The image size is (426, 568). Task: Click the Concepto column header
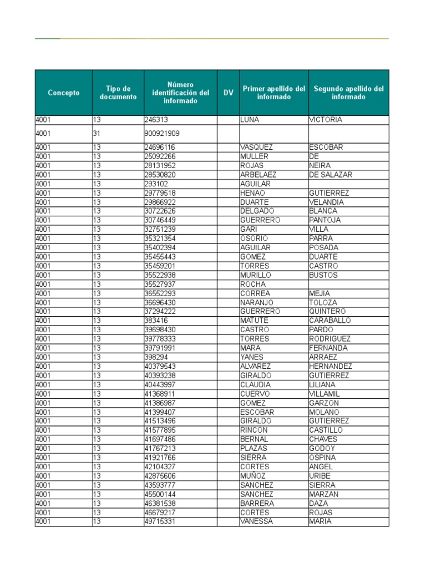pos(63,93)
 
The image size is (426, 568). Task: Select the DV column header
pos(228,93)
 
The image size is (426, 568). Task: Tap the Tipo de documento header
pos(118,93)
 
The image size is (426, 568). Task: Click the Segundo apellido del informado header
pos(348,93)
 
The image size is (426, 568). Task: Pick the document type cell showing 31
pos(97,134)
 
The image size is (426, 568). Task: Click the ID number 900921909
pos(161,134)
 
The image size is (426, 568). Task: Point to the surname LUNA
pos(250,120)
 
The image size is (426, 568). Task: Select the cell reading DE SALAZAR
pos(331,175)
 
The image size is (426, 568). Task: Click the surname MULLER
pos(254,156)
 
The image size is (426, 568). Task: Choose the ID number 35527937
pos(160,285)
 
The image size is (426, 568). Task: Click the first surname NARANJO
pos(256,303)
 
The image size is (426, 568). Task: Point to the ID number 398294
pos(156,357)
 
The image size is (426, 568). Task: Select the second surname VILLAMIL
pos(327,394)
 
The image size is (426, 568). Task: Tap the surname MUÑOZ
pos(253,476)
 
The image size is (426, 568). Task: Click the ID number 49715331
pos(160,521)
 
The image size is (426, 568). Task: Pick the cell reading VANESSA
pos(256,521)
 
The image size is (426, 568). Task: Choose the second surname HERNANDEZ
pos(331,367)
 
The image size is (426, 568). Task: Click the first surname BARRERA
pos(257,503)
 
